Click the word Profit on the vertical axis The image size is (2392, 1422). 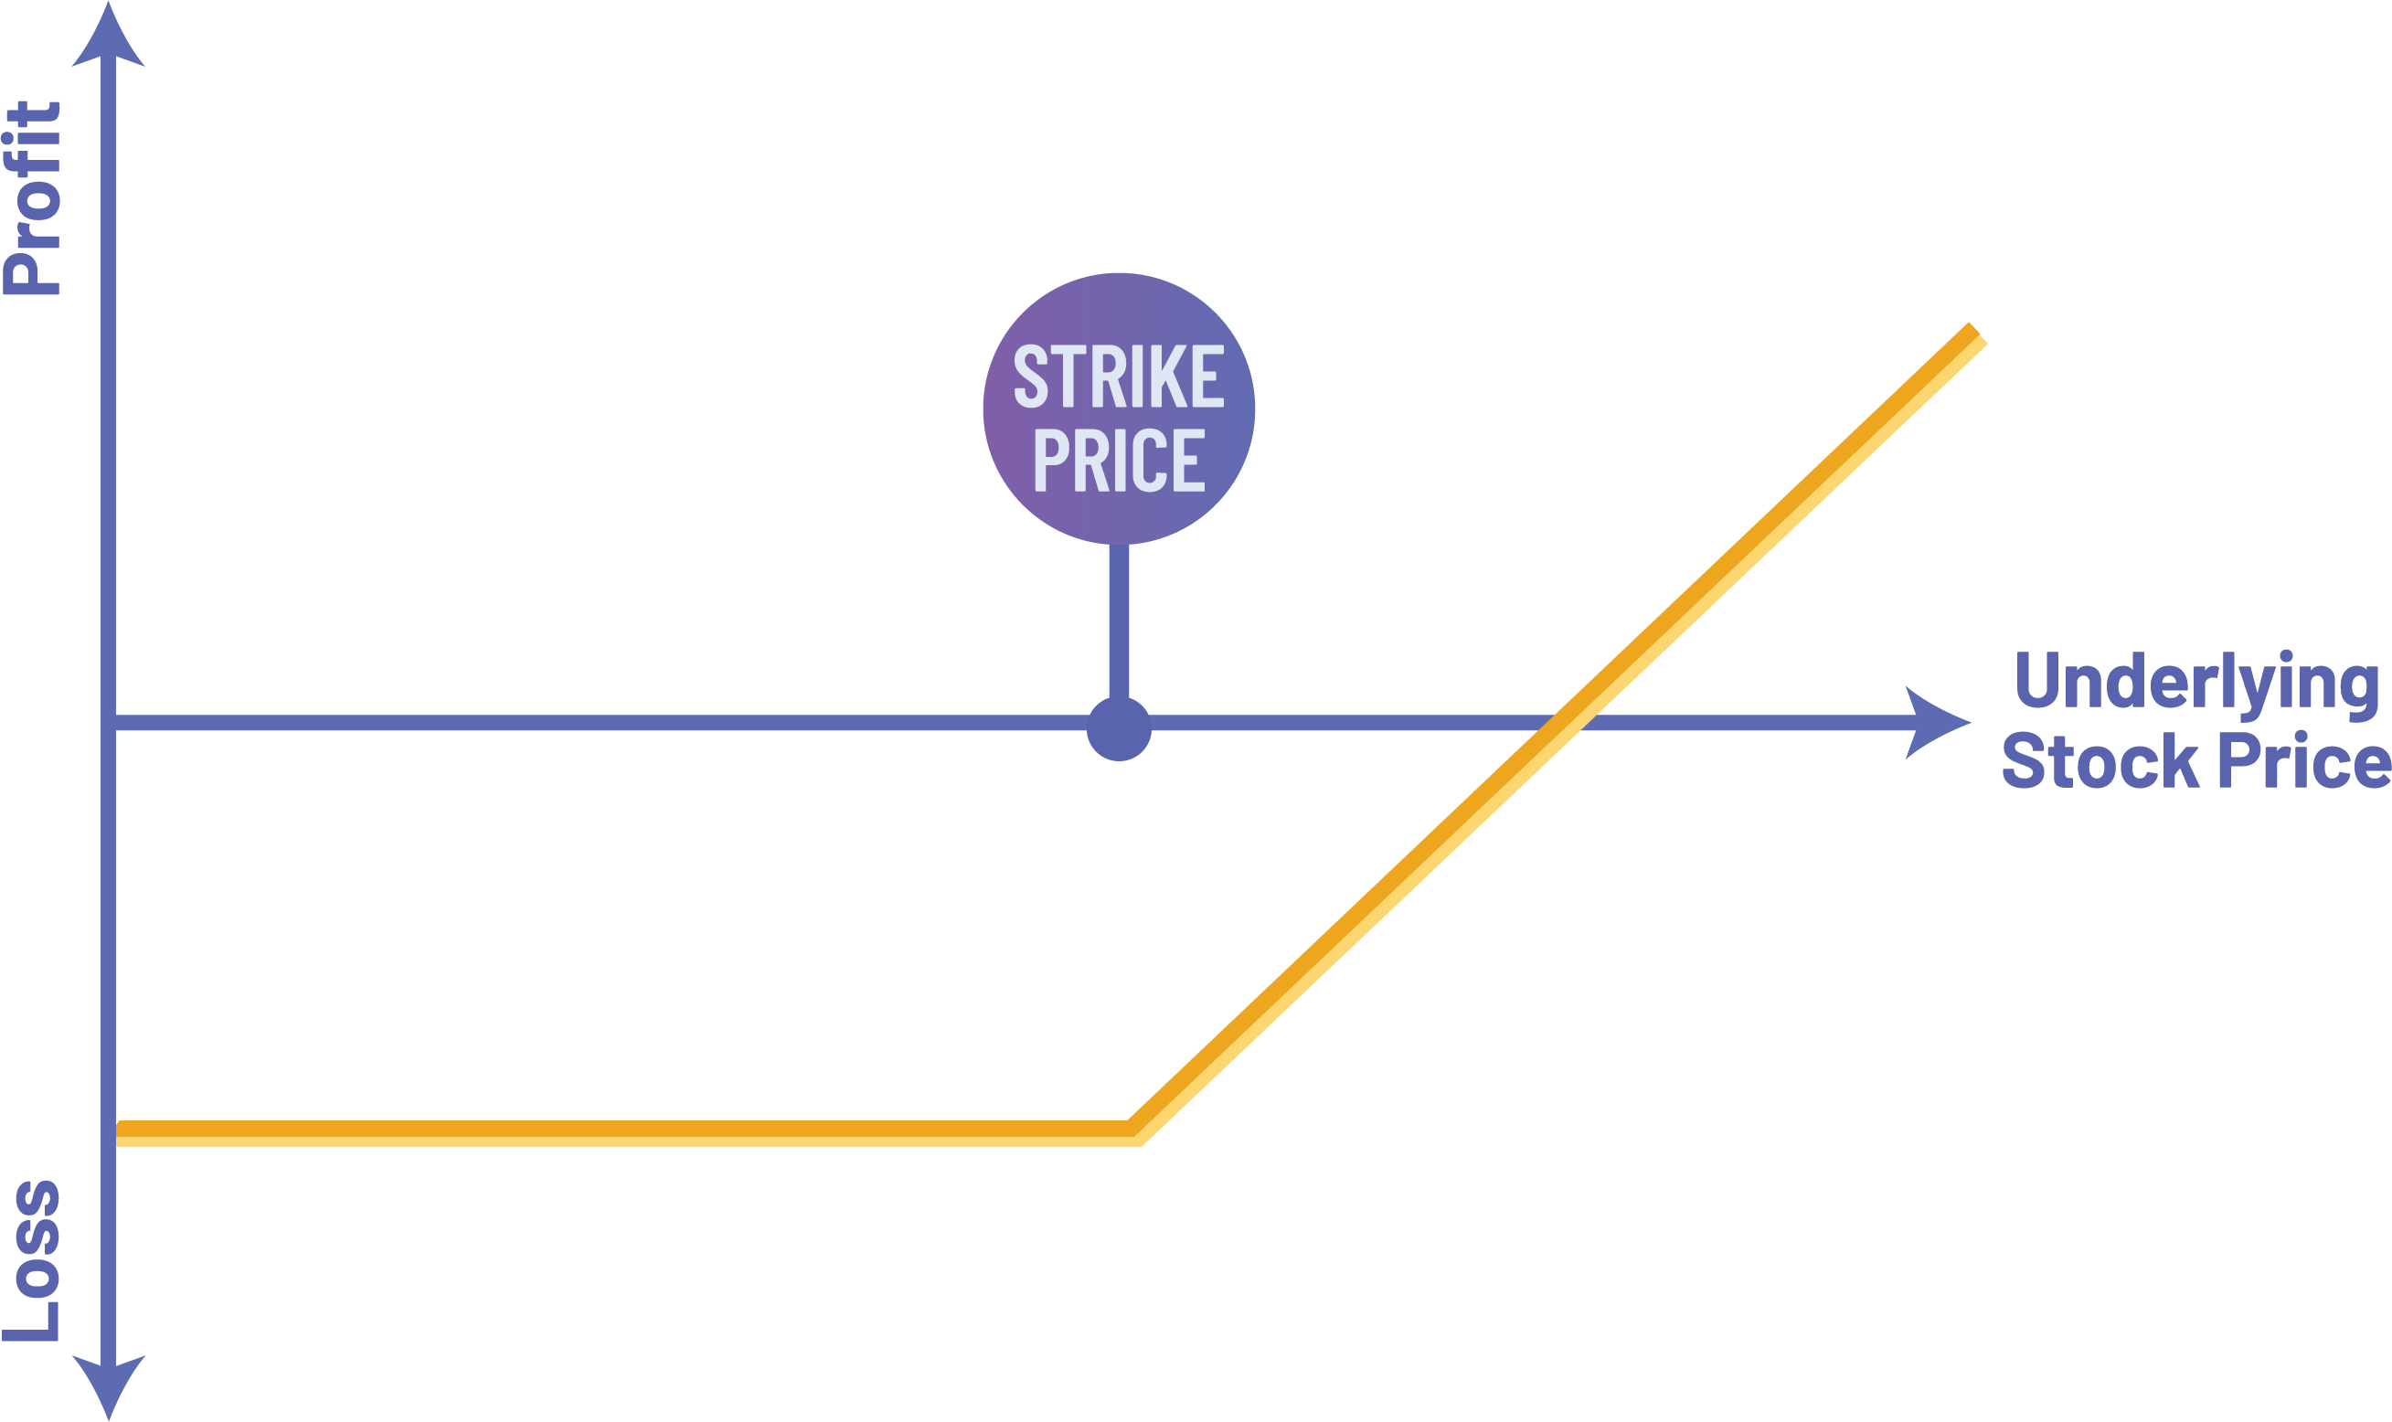coord(33,198)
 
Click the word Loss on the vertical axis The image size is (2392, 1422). coord(33,1261)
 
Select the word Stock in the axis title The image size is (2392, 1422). coord(2100,763)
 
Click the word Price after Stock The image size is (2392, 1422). coord(2304,763)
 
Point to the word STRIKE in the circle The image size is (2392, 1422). coord(1119,377)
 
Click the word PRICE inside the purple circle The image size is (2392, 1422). coord(1119,460)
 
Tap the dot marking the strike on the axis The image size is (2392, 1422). coord(1119,729)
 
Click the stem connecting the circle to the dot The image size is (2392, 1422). coord(1119,623)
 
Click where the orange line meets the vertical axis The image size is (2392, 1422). coord(117,1133)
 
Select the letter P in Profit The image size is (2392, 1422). coord(33,271)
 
